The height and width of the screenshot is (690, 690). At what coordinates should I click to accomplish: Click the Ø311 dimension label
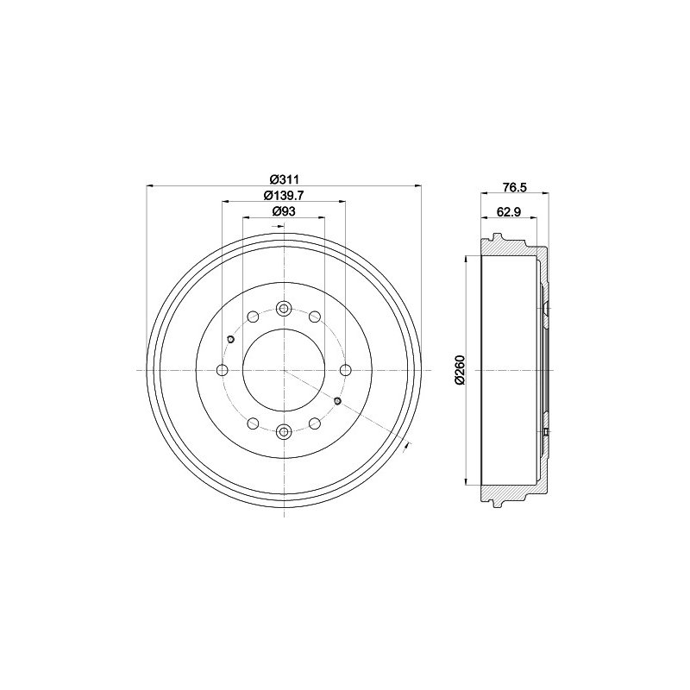(x=284, y=179)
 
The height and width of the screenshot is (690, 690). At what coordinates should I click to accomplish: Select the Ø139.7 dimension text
(x=284, y=195)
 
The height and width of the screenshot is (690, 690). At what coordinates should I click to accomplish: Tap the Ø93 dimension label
(x=284, y=211)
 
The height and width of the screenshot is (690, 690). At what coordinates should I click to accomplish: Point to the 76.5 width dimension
(x=514, y=187)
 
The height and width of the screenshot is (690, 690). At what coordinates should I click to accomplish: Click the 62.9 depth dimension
(x=509, y=211)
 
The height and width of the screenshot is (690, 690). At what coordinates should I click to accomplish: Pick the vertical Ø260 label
(x=460, y=371)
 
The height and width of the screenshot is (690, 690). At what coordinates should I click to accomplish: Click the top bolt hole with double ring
(x=284, y=309)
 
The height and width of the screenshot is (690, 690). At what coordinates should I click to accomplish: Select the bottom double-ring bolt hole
(x=284, y=432)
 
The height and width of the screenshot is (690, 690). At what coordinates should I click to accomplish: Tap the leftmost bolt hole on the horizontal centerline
(x=223, y=370)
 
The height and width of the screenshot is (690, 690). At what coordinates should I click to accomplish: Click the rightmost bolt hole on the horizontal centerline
(x=346, y=370)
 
